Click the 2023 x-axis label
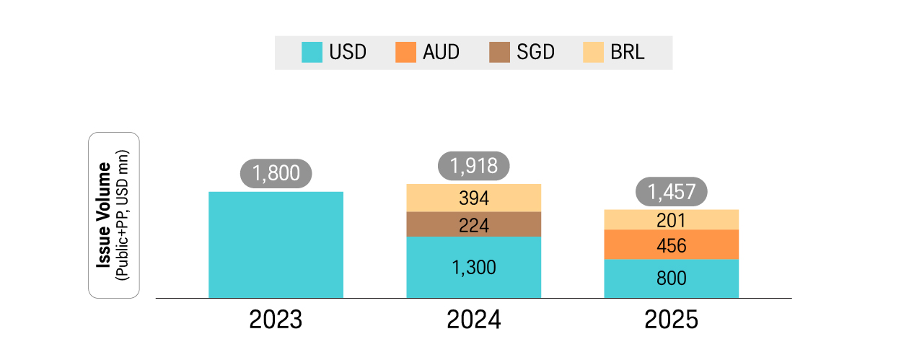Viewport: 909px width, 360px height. click(x=276, y=320)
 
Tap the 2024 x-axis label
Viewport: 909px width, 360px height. click(x=473, y=320)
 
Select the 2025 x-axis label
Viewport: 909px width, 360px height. click(x=672, y=320)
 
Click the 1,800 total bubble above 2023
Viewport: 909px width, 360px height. click(x=275, y=174)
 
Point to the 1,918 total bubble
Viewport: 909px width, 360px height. click(x=473, y=166)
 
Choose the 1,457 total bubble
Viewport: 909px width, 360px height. click(x=671, y=191)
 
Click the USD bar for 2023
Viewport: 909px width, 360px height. click(x=276, y=245)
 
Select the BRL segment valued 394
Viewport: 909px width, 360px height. click(x=473, y=198)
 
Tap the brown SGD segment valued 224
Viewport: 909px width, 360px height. click(x=473, y=224)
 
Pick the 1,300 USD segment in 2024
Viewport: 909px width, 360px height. click(x=473, y=267)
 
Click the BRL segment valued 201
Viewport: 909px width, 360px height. click(x=671, y=219)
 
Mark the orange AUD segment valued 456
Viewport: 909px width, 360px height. click(x=671, y=245)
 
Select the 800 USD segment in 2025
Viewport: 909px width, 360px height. click(x=671, y=278)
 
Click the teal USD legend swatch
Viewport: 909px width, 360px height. click(x=312, y=53)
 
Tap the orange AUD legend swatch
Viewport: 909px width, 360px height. click(x=406, y=53)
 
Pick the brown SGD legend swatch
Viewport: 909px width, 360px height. click(x=499, y=53)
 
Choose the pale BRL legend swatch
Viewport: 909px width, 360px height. click(x=593, y=53)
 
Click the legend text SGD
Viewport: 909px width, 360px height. click(x=535, y=53)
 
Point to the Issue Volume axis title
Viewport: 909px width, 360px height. click(x=103, y=215)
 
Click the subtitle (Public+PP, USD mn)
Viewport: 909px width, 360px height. click(x=122, y=215)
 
